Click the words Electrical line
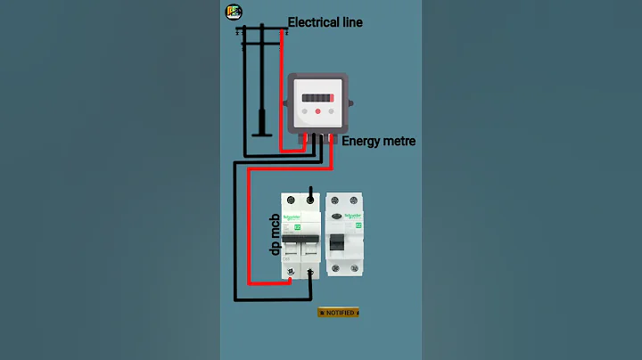point(325,21)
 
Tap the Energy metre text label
point(378,141)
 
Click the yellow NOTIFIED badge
point(338,313)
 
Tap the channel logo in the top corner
point(234,12)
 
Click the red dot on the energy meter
point(317,112)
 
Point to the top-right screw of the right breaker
point(356,202)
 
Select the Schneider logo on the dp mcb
point(292,216)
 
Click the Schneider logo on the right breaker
point(353,215)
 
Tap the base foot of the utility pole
point(260,135)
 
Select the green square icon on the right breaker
point(358,225)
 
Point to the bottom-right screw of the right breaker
point(356,267)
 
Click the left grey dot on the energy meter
point(305,112)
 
